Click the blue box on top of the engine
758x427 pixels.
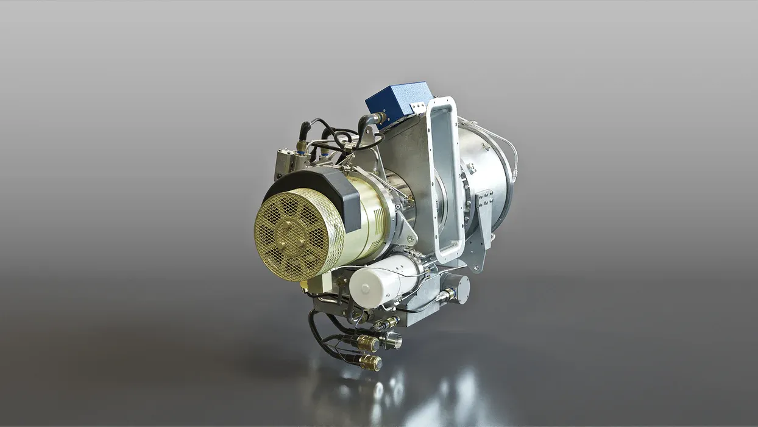397,101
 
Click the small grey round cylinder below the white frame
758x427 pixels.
459,289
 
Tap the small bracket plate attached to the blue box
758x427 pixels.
418,108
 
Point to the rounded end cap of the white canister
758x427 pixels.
364,288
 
